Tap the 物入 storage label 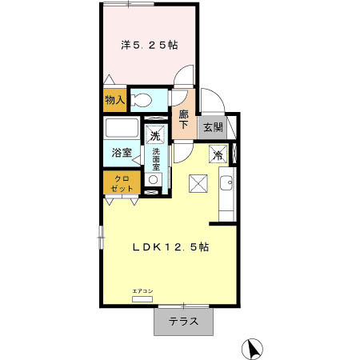114,100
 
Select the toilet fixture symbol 145,100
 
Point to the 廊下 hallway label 183,119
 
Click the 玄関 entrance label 212,127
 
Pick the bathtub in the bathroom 122,130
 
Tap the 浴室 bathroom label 122,153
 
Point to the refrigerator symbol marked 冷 216,154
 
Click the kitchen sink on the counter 226,184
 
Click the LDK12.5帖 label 170,247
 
